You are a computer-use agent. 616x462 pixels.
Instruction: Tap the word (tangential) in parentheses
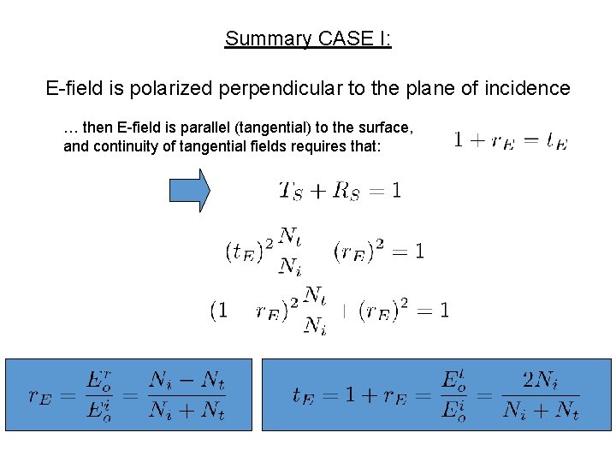274,127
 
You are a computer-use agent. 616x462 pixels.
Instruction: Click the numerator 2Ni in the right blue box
541,380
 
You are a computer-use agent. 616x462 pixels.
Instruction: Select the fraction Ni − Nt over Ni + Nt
187,395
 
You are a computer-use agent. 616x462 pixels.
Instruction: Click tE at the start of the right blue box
307,396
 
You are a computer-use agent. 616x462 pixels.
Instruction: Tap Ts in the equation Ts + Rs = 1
292,191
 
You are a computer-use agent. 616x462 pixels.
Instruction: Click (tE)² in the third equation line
250,251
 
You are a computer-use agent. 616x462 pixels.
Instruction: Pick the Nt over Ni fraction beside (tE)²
291,251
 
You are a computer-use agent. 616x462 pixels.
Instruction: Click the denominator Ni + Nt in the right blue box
541,412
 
